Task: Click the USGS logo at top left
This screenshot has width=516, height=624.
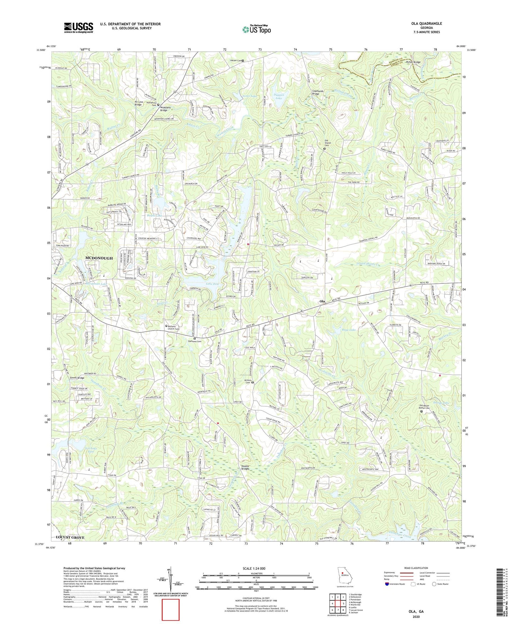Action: (x=78, y=27)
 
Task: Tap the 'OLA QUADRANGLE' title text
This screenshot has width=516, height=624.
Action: (x=426, y=24)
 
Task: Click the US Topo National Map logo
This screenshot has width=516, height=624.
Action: (x=256, y=30)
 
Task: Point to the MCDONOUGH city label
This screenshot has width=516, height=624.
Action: (x=99, y=258)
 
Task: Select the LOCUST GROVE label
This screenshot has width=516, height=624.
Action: (x=70, y=538)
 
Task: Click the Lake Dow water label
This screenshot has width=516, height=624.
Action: (x=202, y=283)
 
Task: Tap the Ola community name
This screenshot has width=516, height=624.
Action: (x=322, y=302)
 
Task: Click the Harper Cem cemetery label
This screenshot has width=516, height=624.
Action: (x=235, y=61)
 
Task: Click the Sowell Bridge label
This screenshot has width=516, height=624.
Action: (x=77, y=378)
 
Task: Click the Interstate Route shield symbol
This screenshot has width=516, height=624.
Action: (x=387, y=584)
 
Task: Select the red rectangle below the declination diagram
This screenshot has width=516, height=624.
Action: (x=170, y=610)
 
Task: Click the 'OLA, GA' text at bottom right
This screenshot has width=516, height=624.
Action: (x=416, y=611)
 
